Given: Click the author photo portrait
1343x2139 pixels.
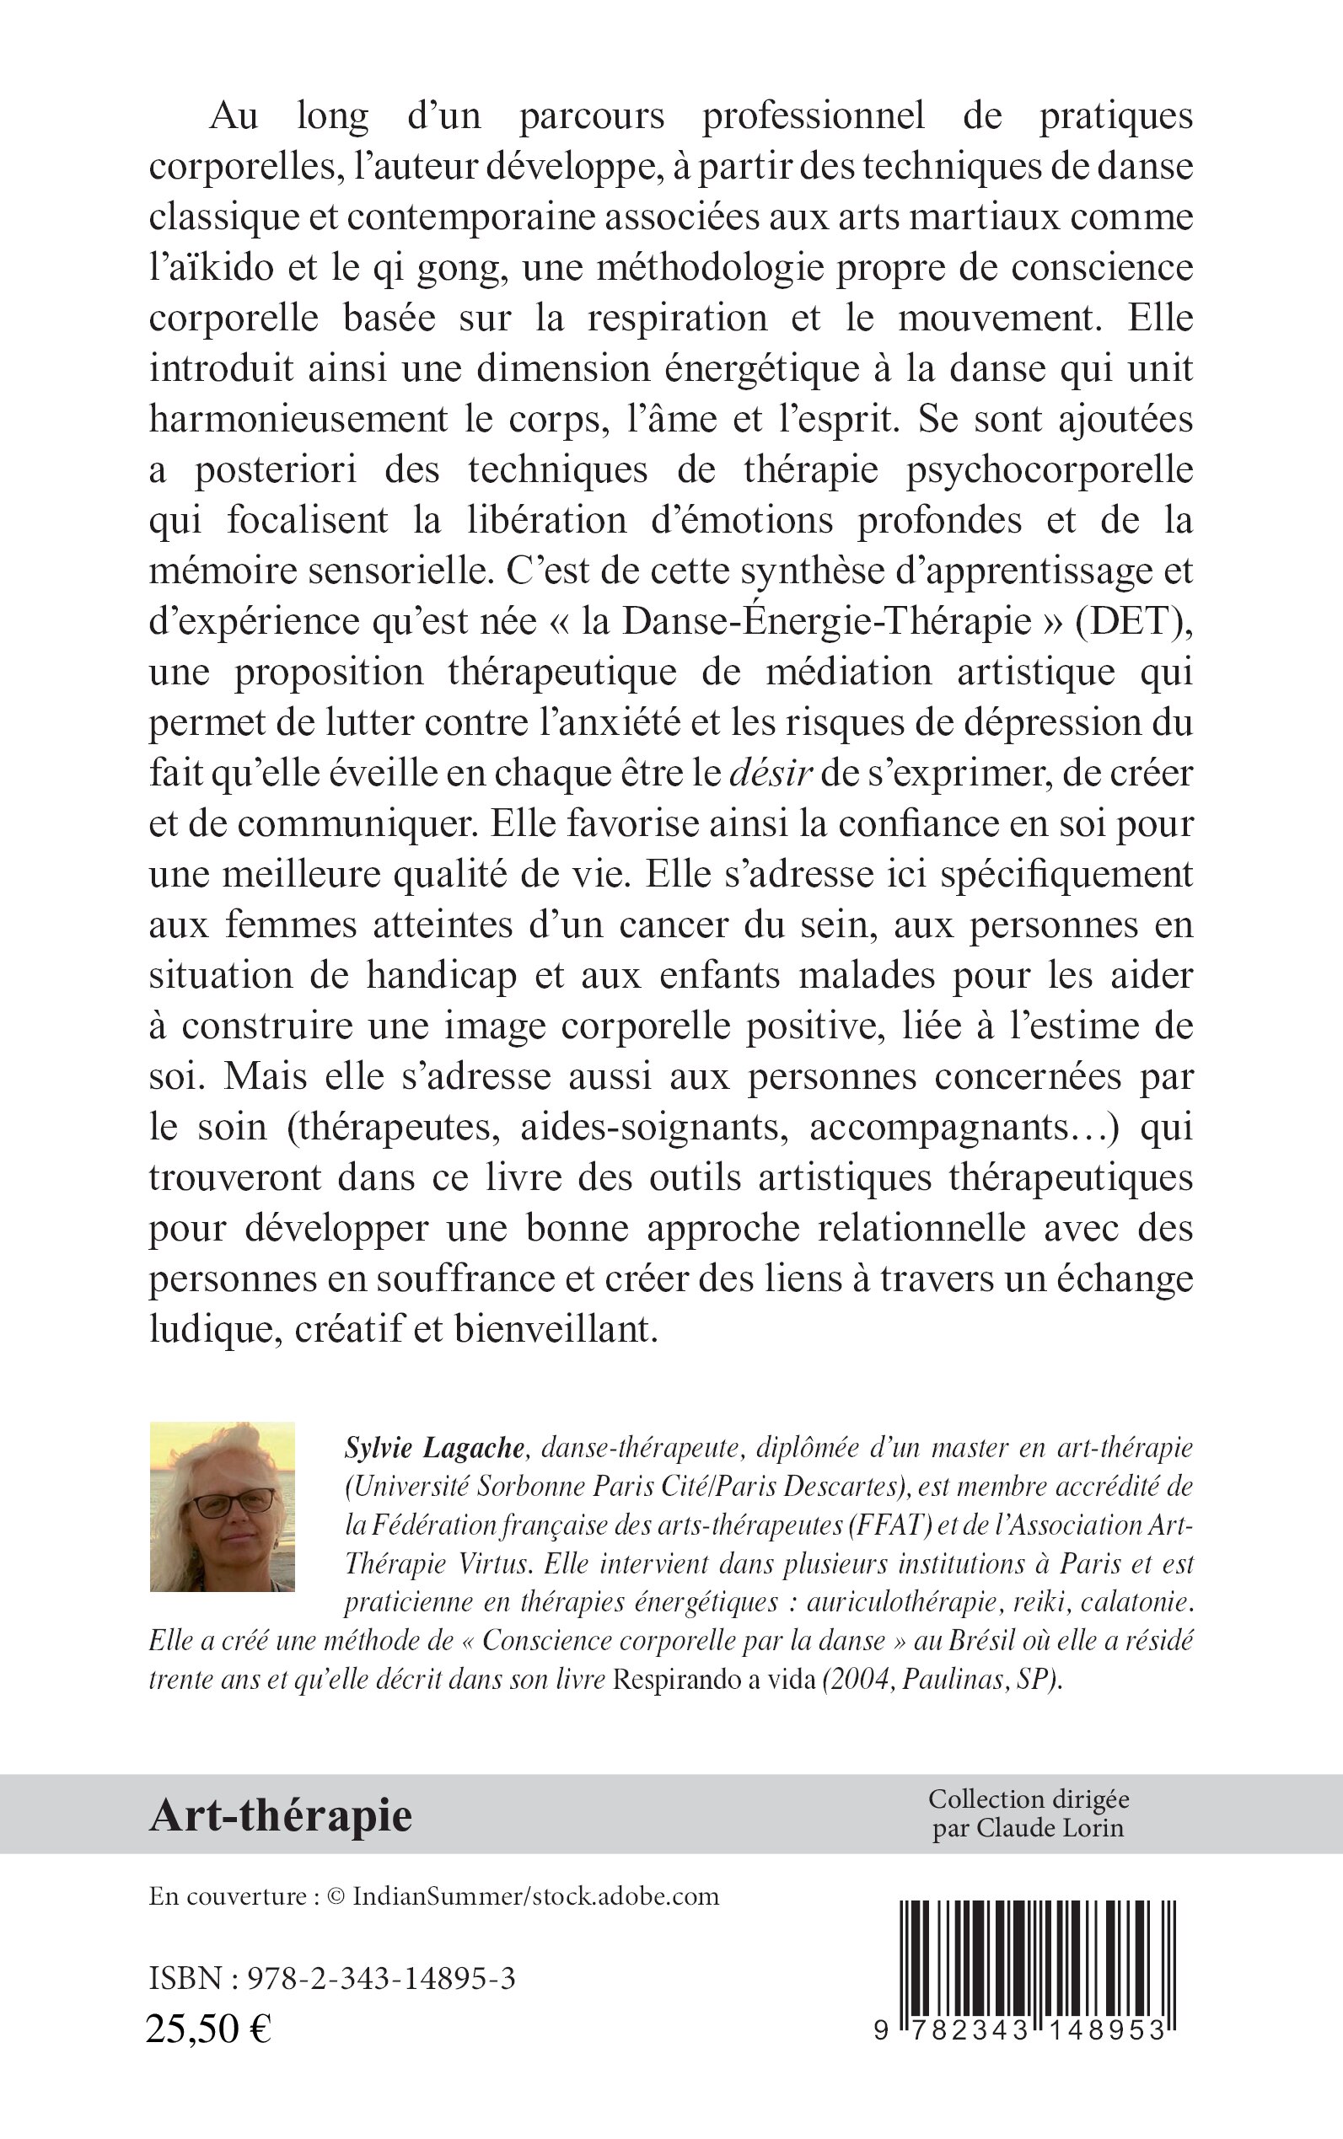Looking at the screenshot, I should point(222,1506).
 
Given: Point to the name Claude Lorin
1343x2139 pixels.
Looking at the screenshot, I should point(1050,1828).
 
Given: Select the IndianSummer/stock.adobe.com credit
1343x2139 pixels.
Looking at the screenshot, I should point(535,1896).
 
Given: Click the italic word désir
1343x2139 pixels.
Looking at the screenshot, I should point(770,774).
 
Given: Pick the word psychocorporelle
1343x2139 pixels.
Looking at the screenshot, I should point(1049,469).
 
